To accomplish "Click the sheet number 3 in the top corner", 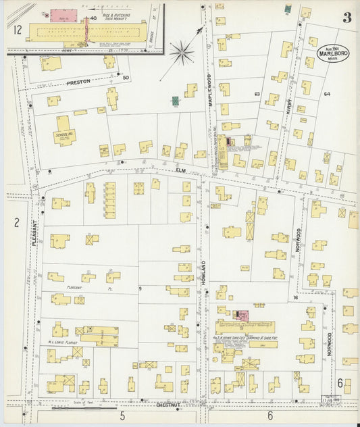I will [x=346, y=18].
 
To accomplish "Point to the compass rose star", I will [x=181, y=51].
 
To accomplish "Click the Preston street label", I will [x=78, y=82].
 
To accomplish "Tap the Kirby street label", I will [x=286, y=105].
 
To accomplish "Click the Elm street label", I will [x=180, y=170].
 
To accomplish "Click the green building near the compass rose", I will [x=176, y=101].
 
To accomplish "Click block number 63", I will [x=257, y=93].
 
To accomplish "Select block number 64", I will [x=327, y=94].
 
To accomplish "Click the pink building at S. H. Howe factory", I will [x=241, y=316].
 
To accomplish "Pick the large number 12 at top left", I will [x=18, y=29].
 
